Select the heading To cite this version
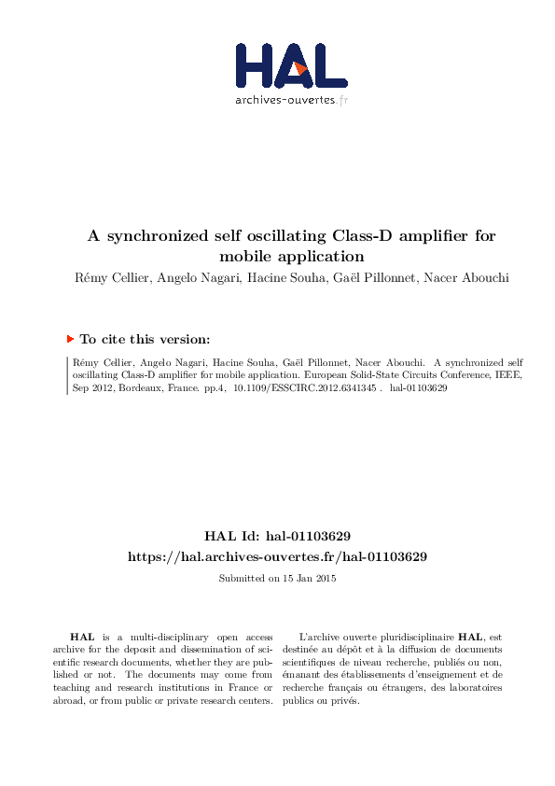pos(145,340)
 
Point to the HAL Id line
pos(277,537)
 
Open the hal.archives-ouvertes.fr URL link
pos(277,556)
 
